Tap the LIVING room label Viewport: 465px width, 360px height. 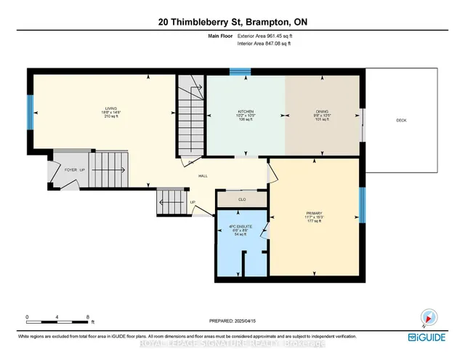click(x=110, y=113)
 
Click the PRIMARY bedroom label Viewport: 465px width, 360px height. click(x=314, y=216)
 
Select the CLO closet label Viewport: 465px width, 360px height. click(x=241, y=199)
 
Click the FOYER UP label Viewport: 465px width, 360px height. click(x=76, y=169)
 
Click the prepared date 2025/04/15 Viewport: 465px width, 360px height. click(x=234, y=321)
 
